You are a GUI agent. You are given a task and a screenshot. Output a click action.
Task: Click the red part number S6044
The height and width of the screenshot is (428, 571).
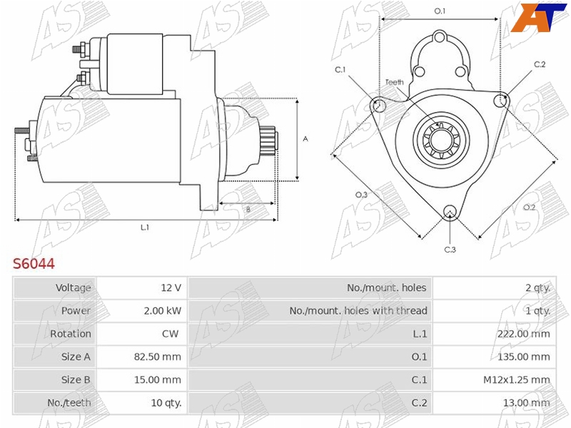tap(34, 264)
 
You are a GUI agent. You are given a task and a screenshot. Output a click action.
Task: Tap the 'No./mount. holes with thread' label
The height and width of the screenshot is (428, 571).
tap(358, 310)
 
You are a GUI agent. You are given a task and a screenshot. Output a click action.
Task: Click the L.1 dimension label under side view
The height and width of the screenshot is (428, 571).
tap(145, 227)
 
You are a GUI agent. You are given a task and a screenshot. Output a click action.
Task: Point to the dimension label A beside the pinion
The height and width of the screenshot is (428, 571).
tap(305, 139)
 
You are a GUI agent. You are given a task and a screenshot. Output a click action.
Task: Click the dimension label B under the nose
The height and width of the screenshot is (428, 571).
tap(248, 210)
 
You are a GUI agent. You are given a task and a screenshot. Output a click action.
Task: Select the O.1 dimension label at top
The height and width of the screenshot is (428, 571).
tap(440, 11)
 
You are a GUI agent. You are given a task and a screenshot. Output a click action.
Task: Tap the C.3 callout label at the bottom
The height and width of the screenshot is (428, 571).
tap(450, 249)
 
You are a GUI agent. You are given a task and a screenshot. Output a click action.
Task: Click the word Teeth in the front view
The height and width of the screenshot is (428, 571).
tap(394, 82)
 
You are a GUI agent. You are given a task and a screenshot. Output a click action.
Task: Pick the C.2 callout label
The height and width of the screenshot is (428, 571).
tap(540, 64)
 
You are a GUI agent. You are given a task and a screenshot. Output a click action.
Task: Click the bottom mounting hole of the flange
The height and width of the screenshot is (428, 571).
tap(450, 211)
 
